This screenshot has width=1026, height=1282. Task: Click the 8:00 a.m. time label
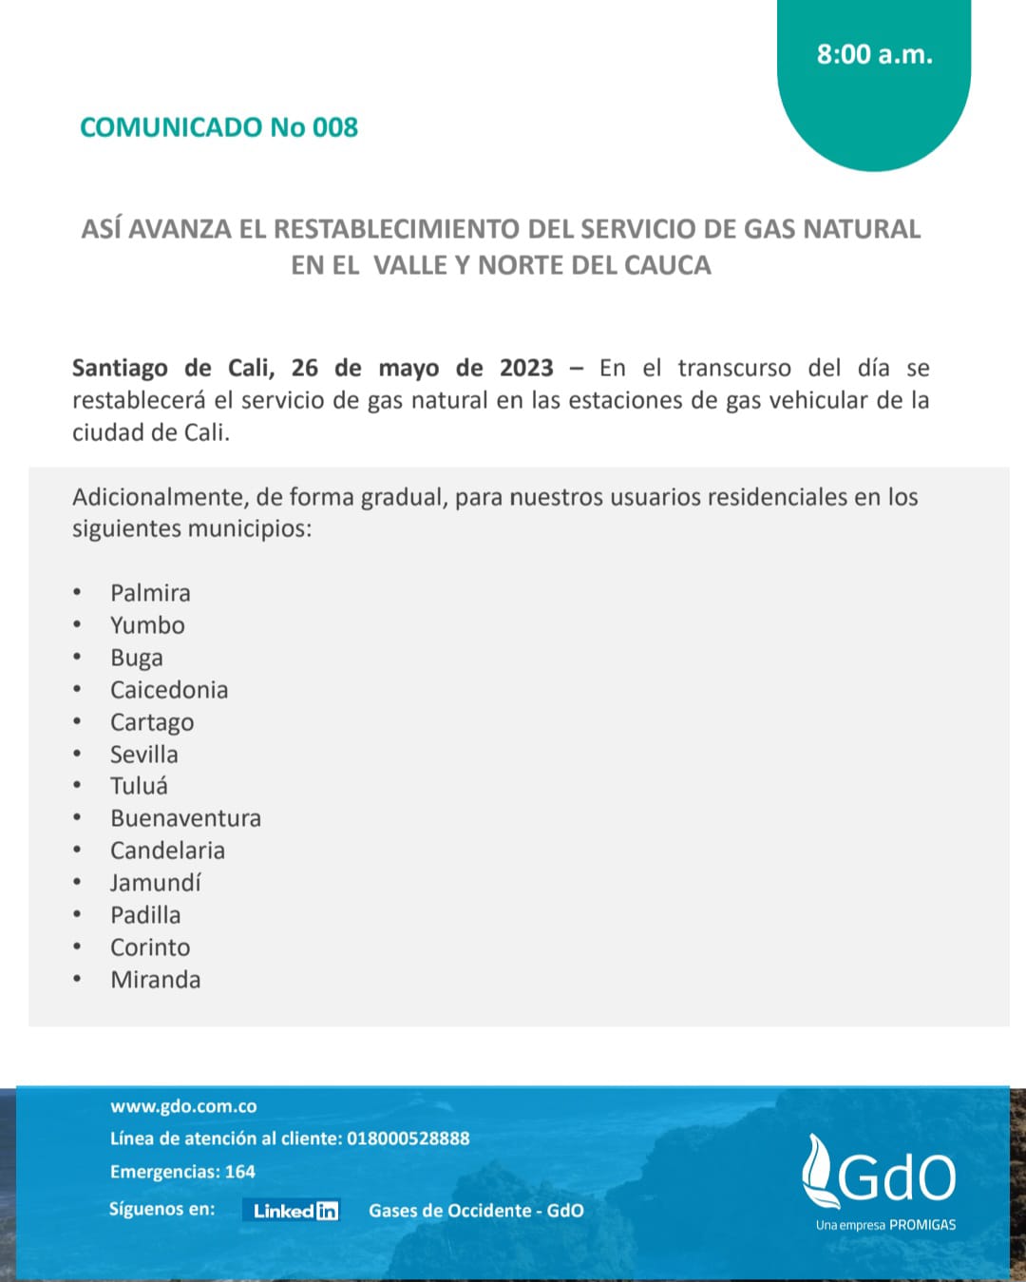tap(874, 54)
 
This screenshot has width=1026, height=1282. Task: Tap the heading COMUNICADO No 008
tap(218, 127)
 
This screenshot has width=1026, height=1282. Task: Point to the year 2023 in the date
tap(526, 368)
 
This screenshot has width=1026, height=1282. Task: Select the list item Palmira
tap(150, 593)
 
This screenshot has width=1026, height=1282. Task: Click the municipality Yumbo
tap(147, 625)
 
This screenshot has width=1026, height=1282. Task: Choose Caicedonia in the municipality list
tap(169, 690)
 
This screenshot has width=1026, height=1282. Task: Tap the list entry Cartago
tap(152, 722)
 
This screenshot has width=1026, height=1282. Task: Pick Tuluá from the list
tap(139, 786)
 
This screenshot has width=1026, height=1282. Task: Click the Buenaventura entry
tap(185, 818)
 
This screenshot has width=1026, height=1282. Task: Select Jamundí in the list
tap(156, 883)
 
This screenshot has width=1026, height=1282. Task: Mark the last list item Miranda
tap(156, 980)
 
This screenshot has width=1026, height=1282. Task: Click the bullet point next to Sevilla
tap(77, 755)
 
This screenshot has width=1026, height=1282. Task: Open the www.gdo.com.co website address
tap(183, 1106)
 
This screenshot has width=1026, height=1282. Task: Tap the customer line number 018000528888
tap(408, 1138)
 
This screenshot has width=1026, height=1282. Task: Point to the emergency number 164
tap(240, 1172)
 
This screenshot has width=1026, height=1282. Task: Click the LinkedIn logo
tap(295, 1211)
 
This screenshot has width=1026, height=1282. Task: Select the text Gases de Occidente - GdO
tap(476, 1211)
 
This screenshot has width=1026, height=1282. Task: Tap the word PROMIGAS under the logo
tap(922, 1225)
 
